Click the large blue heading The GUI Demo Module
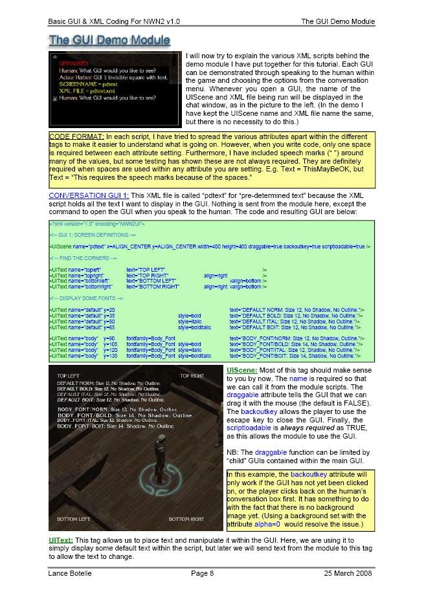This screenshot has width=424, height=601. pyautogui.click(x=109, y=40)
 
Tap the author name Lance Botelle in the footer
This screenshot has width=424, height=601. pyautogui.click(x=71, y=573)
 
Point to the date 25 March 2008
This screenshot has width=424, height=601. pyautogui.click(x=349, y=573)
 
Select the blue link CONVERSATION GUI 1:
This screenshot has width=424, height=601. pyautogui.click(x=89, y=195)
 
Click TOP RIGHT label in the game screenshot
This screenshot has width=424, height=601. pyautogui.click(x=192, y=376)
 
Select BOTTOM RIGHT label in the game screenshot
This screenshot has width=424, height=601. pyautogui.click(x=186, y=519)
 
